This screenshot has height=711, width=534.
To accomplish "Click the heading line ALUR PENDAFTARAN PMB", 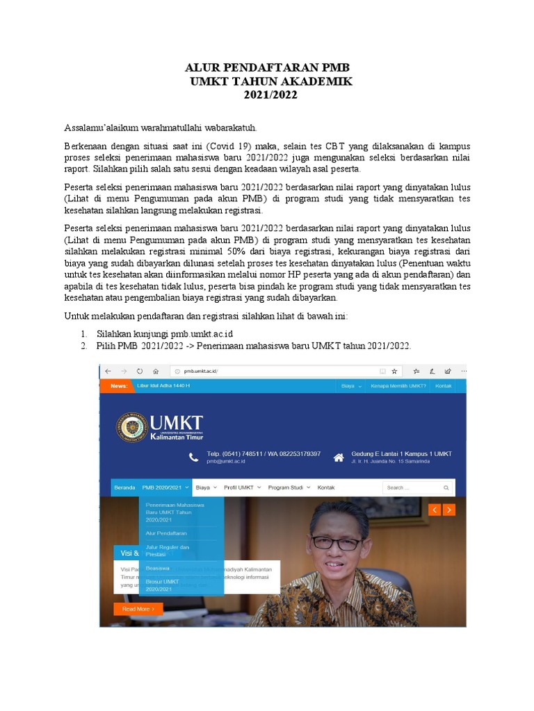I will coord(267,67).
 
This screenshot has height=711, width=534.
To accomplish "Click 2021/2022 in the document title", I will coord(270,95).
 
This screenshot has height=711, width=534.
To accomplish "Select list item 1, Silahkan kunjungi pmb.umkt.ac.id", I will coord(165,335).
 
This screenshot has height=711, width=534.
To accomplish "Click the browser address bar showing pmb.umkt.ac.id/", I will coord(278,371).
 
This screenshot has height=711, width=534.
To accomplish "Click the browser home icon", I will coord(156,371).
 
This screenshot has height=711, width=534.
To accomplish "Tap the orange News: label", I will coord(118,385).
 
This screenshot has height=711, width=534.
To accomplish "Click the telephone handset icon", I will coord(193,457).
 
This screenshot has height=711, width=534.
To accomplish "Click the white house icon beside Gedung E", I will coord(339,457).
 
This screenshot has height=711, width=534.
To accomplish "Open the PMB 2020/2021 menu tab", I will coord(165,487).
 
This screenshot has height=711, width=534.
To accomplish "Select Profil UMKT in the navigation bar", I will coord(239,487).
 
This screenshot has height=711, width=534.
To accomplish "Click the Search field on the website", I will coord(418,487).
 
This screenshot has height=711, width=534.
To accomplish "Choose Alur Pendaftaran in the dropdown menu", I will coord(166,533).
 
